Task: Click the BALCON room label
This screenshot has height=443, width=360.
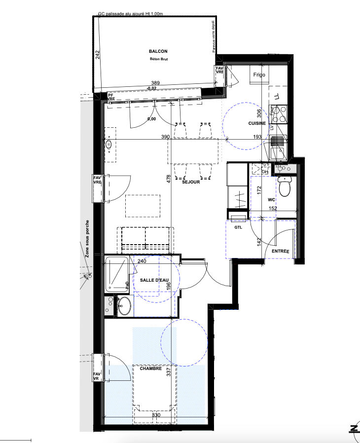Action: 158,51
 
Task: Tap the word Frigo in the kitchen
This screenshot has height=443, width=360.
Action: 259,75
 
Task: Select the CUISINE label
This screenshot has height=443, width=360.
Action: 257,123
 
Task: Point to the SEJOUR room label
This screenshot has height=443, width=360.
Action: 190,182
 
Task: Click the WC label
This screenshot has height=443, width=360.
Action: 271,200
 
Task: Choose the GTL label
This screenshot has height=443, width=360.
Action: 238,228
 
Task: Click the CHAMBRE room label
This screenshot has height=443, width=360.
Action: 151,368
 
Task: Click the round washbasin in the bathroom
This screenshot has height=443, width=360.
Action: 124,305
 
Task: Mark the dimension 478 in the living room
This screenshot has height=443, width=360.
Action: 168,180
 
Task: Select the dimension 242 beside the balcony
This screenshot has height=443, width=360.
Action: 98,55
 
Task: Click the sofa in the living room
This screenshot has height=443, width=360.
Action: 145,238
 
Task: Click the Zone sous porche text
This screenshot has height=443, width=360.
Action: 87,239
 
